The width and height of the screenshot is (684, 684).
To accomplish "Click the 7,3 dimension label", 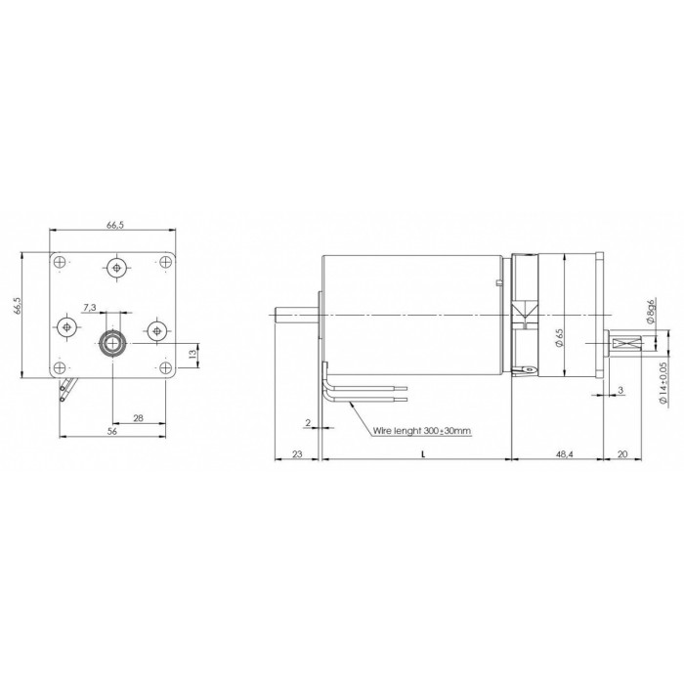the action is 89,308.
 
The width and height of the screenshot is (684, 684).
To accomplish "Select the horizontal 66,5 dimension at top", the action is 115,225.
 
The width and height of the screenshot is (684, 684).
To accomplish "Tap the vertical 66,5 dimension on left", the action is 17,306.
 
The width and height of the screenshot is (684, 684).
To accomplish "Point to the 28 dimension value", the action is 139,418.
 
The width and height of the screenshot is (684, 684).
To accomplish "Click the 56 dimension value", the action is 112,431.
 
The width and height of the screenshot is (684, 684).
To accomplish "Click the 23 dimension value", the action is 297,454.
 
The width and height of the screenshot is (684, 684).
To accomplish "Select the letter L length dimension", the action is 423,454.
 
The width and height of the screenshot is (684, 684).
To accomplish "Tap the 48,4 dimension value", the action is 565,454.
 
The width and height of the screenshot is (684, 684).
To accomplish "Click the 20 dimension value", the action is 622,454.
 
